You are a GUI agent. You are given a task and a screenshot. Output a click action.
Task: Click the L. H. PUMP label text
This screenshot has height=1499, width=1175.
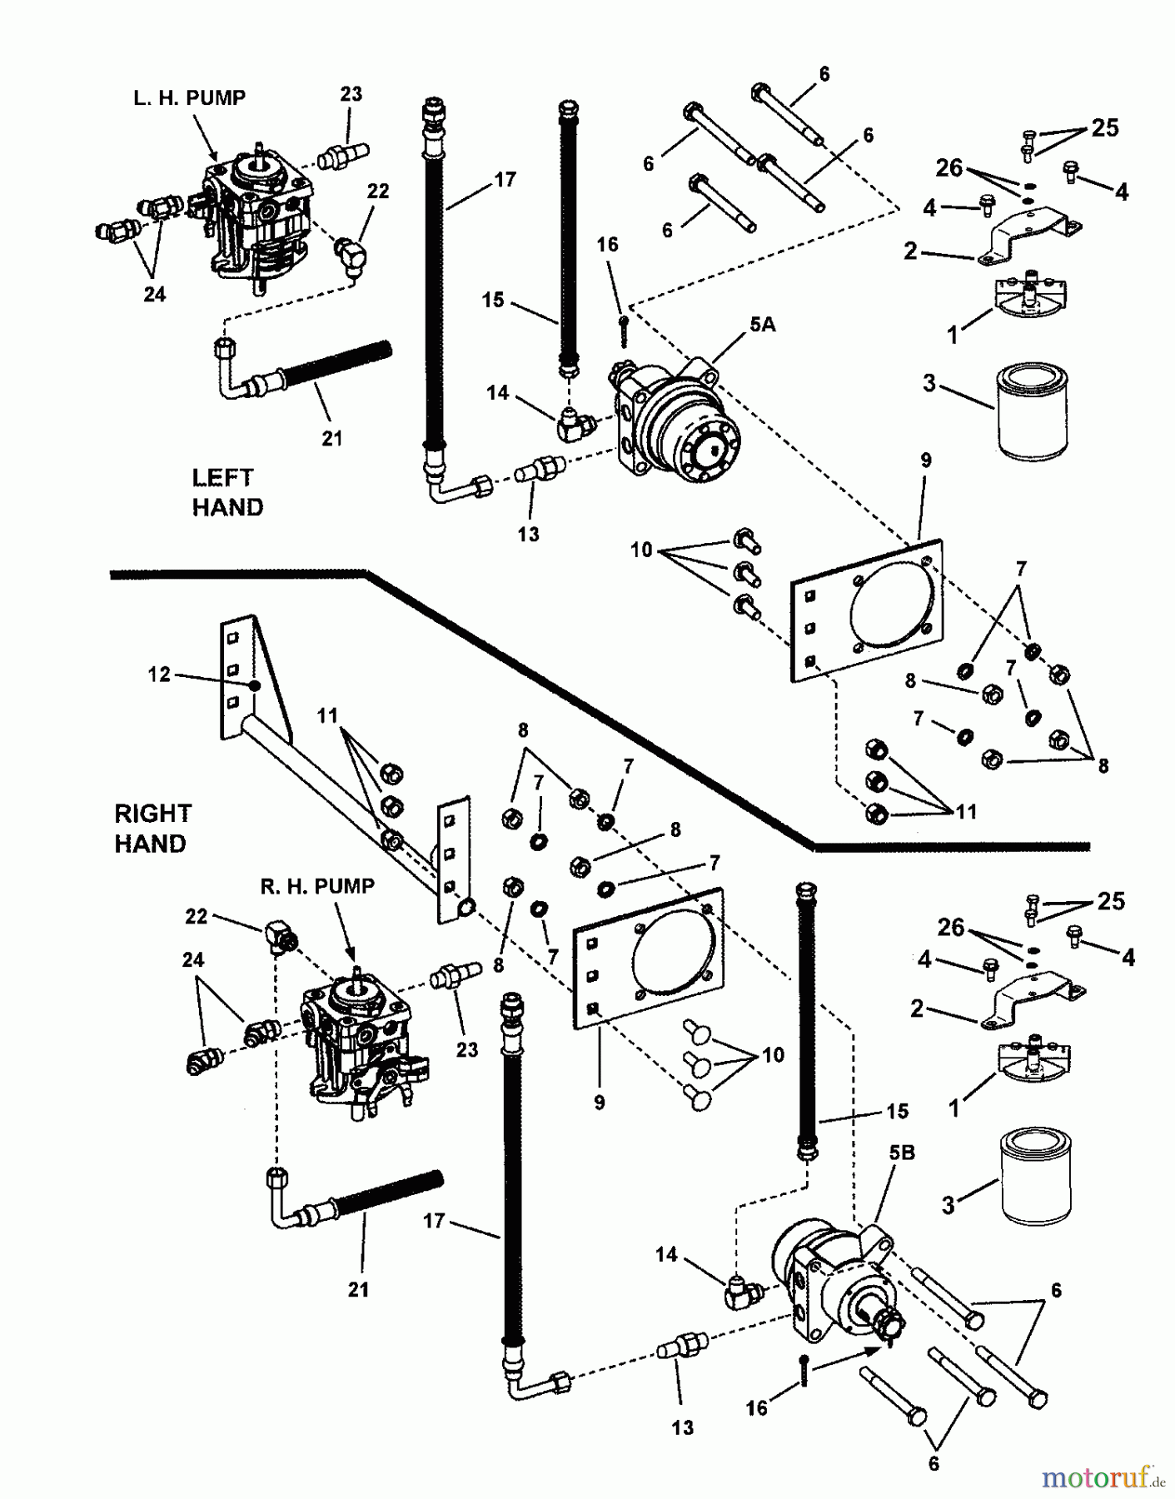click(x=189, y=98)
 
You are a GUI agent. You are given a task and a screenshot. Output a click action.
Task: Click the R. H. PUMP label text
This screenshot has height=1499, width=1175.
click(x=316, y=887)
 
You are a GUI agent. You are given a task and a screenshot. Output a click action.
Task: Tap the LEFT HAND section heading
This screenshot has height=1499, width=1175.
click(x=227, y=492)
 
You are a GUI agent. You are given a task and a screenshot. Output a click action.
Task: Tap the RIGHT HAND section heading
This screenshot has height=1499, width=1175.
click(x=152, y=828)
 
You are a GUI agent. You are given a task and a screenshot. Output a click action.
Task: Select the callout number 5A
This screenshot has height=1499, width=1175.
click(x=761, y=326)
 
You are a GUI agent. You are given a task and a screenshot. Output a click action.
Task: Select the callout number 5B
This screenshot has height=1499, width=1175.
click(x=901, y=1153)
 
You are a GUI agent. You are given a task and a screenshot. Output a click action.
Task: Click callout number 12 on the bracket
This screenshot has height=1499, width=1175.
click(x=159, y=674)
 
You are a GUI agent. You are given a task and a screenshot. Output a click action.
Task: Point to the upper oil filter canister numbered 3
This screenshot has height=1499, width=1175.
click(x=1033, y=411)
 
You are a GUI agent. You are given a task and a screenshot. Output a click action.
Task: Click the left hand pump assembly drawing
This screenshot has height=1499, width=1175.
click(x=257, y=219)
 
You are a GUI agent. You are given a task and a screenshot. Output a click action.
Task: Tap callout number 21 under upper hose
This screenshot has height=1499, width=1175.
click(x=331, y=438)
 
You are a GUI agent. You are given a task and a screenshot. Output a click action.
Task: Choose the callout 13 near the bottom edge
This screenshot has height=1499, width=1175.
click(x=682, y=1427)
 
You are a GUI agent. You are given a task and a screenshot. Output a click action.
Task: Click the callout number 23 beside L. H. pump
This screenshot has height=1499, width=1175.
click(x=351, y=94)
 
